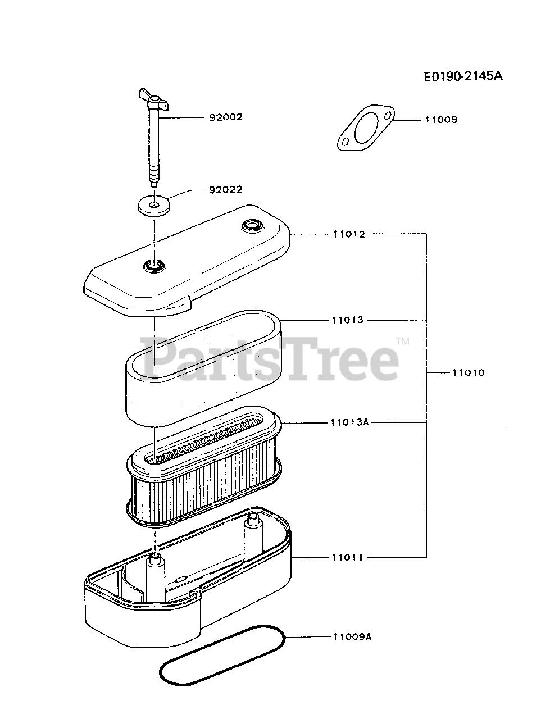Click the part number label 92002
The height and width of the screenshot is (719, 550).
(226, 117)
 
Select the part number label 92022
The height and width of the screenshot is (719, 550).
(226, 190)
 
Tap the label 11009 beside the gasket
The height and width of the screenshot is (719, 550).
(441, 120)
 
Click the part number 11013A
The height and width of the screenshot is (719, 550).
(349, 422)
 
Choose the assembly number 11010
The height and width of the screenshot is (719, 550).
(468, 373)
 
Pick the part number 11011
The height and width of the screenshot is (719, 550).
(348, 558)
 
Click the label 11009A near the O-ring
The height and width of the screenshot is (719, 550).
(352, 637)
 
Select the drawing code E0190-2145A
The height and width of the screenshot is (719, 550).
(463, 76)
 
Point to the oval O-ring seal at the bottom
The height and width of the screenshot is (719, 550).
(222, 656)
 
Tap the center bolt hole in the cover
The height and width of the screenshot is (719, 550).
(154, 266)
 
